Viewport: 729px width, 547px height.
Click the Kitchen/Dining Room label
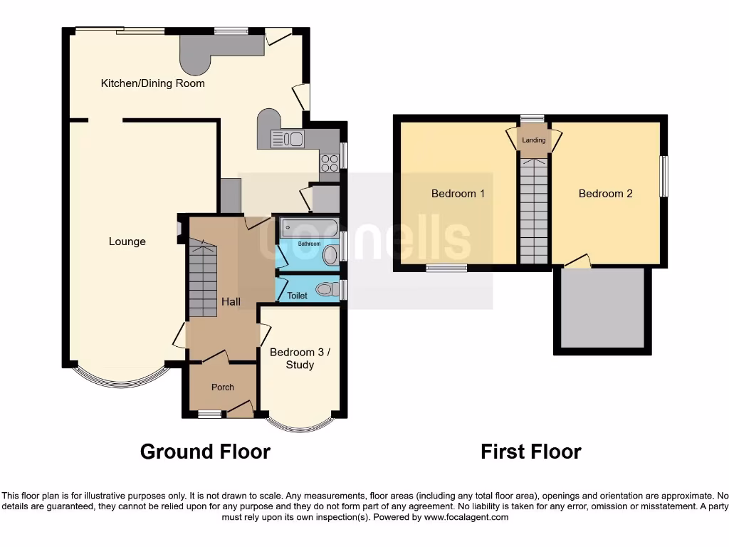(x=152, y=83)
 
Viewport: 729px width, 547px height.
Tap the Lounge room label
(x=127, y=241)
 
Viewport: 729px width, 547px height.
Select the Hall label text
(x=230, y=301)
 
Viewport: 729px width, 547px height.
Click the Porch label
(x=222, y=387)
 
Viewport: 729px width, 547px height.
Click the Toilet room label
(x=297, y=295)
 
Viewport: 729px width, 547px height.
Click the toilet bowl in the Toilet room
(x=327, y=289)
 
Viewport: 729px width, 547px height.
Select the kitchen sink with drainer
(x=287, y=139)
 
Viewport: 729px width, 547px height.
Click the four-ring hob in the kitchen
(x=330, y=163)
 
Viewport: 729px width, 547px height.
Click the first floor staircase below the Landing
(x=533, y=210)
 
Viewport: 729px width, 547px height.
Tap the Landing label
(x=533, y=140)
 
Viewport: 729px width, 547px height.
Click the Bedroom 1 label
(x=458, y=194)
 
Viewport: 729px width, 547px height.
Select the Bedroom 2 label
(x=605, y=194)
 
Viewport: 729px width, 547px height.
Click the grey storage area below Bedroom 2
(x=602, y=310)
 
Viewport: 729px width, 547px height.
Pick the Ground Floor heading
(x=205, y=452)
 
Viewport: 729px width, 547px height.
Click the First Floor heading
(x=530, y=452)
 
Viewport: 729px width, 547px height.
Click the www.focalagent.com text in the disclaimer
(x=466, y=517)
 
